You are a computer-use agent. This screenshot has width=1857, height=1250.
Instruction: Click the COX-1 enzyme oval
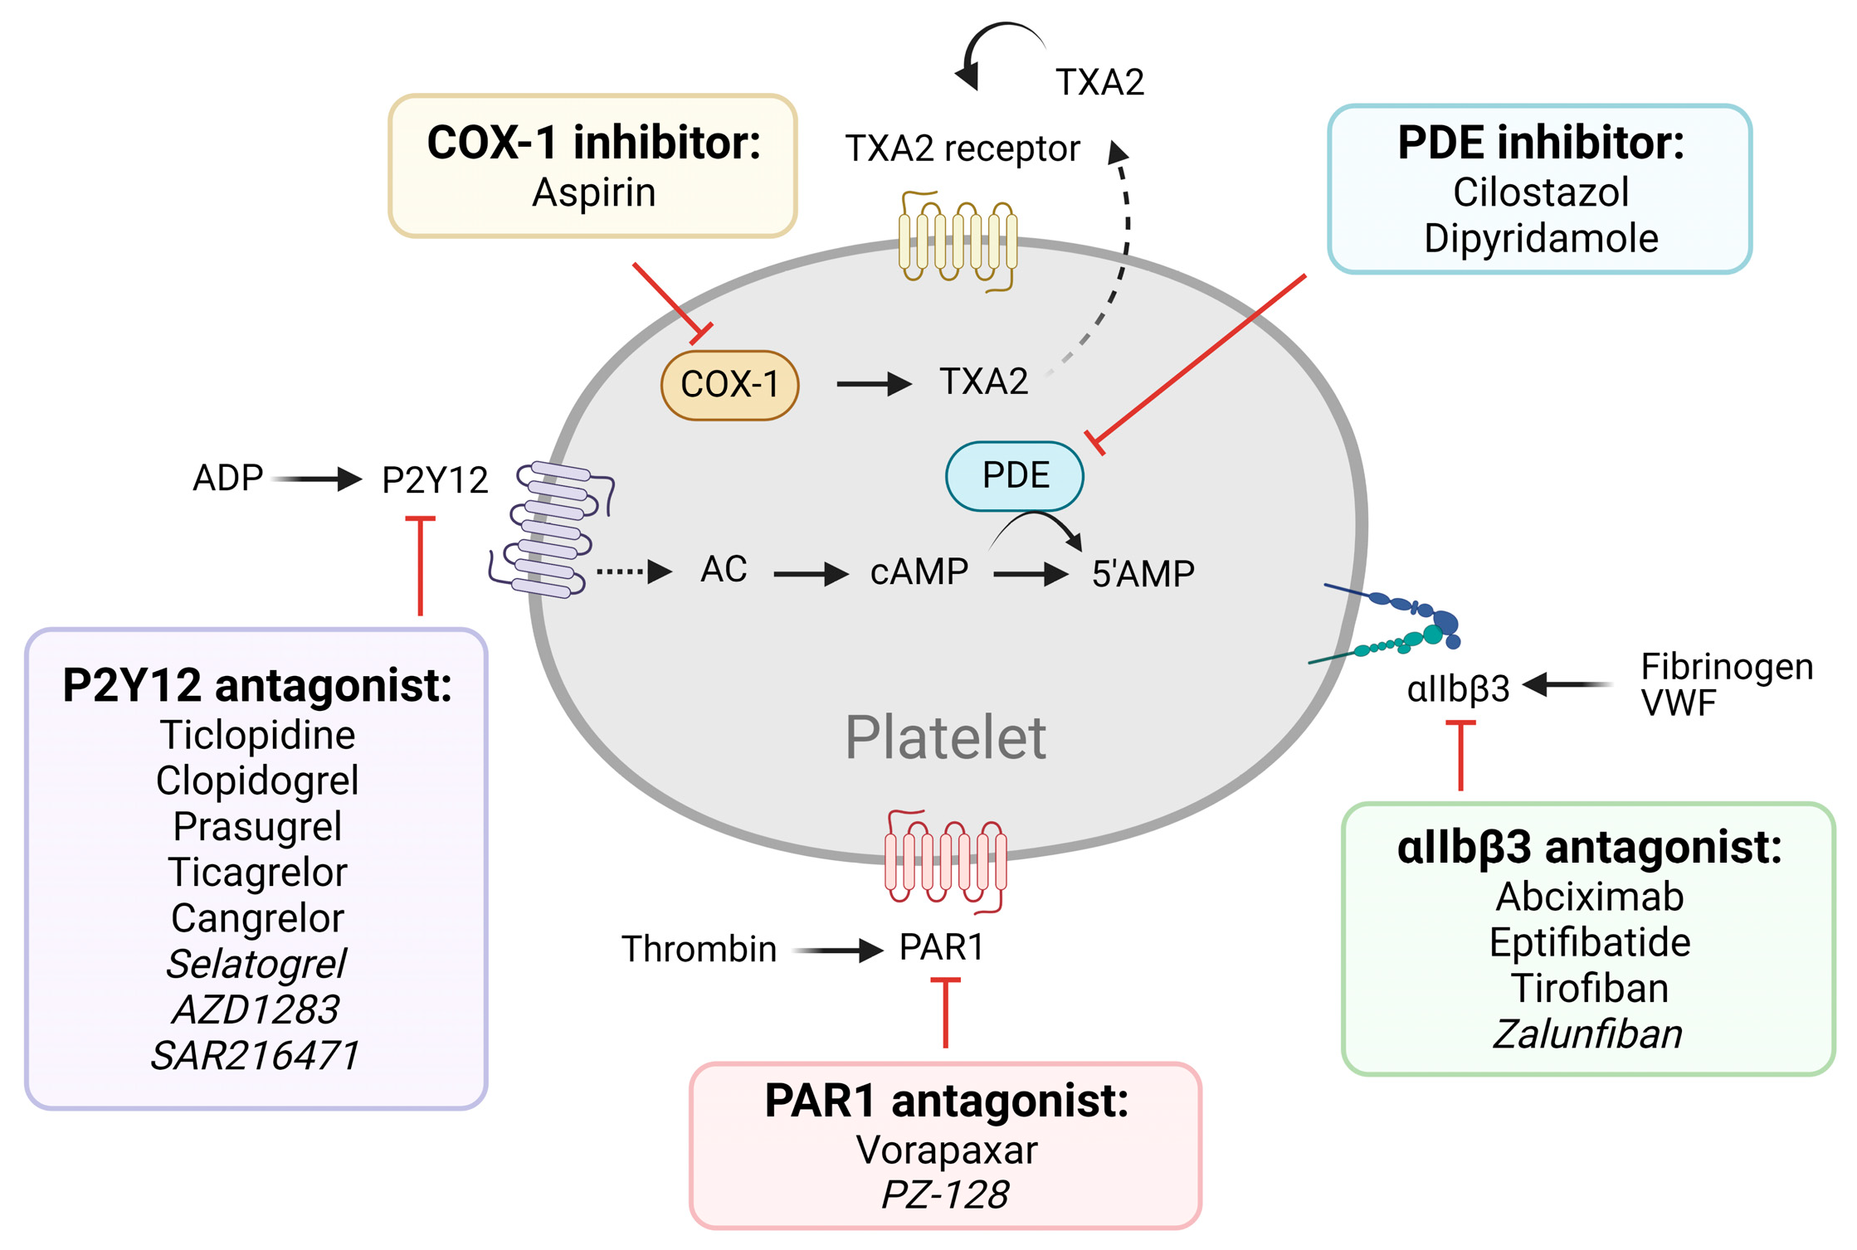(729, 385)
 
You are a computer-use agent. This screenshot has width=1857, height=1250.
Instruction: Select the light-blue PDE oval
(1014, 475)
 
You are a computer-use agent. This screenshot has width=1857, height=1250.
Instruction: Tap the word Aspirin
(593, 192)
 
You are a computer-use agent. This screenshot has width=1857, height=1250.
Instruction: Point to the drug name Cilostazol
(1540, 192)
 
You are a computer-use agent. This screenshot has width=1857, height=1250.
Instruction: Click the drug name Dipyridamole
(1540, 238)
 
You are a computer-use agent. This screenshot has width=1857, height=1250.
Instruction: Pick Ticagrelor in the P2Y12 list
(257, 872)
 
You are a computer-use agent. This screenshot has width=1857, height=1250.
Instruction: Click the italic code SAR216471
(255, 1055)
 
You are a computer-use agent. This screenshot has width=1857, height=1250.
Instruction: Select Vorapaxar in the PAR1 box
(946, 1150)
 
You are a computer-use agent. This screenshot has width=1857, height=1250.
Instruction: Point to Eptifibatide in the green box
(1589, 942)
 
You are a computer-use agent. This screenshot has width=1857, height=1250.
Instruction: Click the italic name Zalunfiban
(1587, 1034)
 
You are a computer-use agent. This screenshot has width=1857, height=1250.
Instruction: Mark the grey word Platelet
(945, 737)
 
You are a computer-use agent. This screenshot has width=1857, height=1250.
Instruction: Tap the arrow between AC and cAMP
(810, 573)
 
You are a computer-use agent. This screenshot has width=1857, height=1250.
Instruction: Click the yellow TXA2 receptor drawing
(958, 241)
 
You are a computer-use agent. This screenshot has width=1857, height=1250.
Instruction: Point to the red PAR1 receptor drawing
(946, 862)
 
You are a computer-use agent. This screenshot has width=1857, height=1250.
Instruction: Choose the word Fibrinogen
(1726, 666)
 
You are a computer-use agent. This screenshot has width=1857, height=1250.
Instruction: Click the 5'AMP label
(1143, 574)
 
